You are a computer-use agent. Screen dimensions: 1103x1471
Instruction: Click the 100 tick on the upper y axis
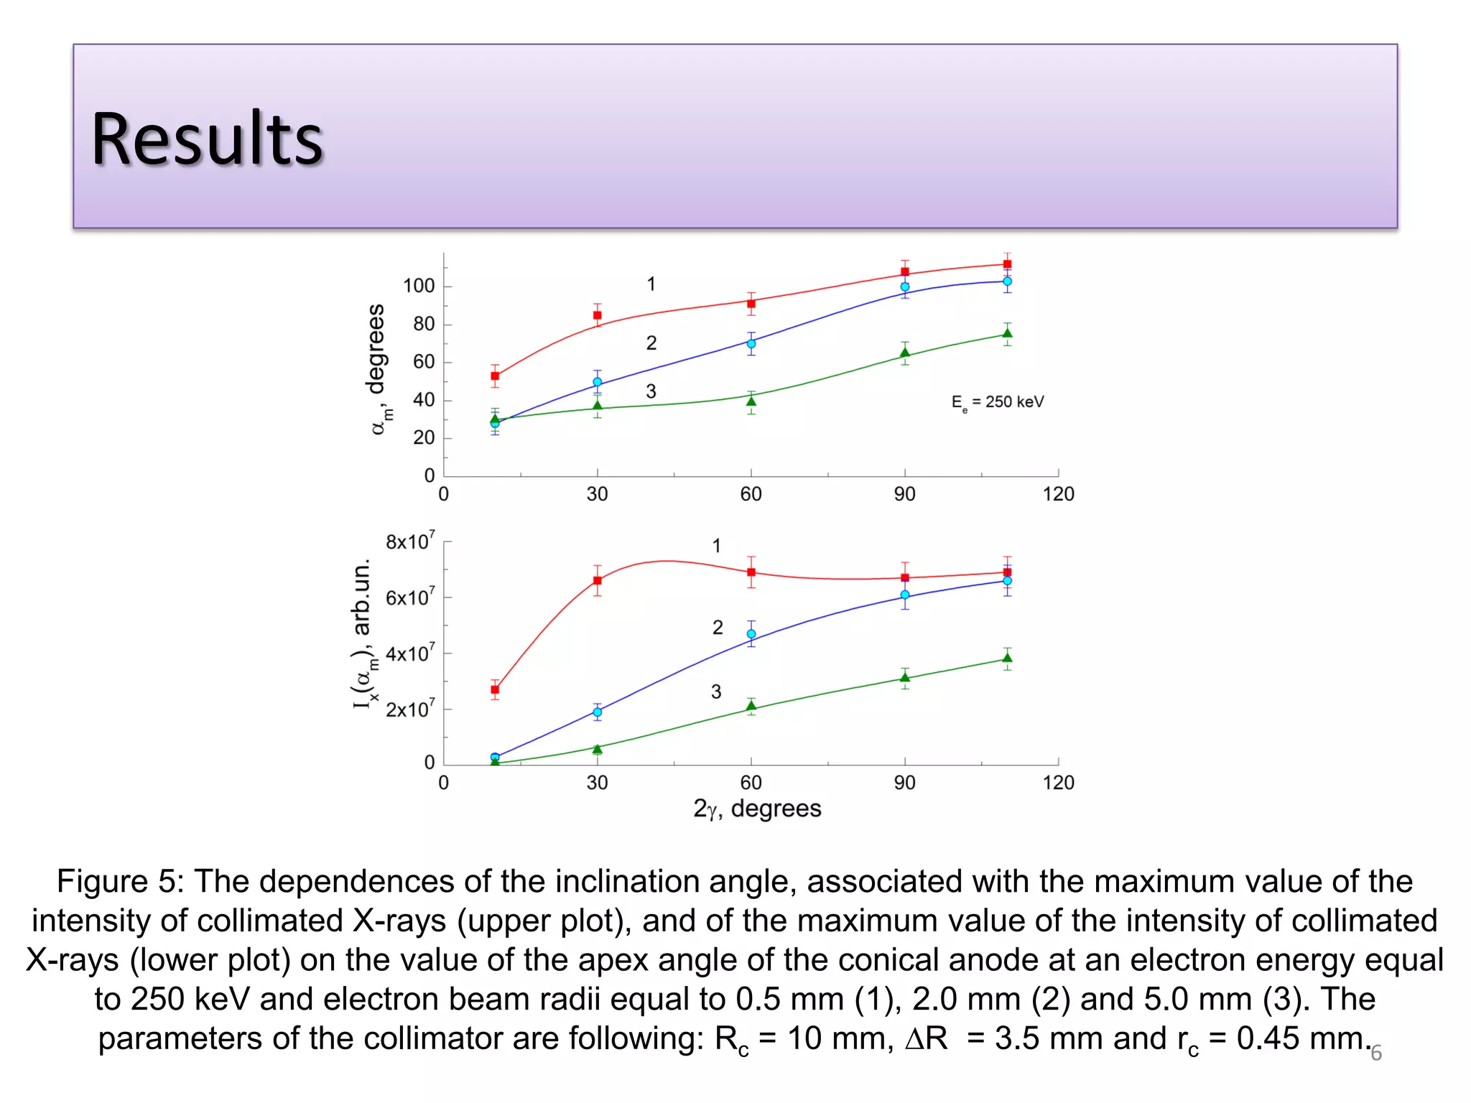click(419, 286)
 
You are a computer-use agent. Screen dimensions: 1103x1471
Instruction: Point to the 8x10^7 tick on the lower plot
click(410, 541)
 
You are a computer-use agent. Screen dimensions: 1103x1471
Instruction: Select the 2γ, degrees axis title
click(757, 809)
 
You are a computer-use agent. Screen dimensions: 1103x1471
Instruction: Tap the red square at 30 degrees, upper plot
click(597, 315)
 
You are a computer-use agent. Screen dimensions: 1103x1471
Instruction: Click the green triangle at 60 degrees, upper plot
click(751, 401)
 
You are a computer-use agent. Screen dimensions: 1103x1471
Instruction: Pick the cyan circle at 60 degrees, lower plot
click(751, 634)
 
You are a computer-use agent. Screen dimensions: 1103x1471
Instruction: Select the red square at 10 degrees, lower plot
click(495, 689)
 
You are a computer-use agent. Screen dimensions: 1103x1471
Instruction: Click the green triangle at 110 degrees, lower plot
click(1007, 658)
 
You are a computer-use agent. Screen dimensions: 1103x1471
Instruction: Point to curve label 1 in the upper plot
click(651, 284)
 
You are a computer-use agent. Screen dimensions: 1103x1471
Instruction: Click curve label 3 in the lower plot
click(716, 692)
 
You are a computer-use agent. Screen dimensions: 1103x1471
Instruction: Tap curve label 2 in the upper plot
click(651, 343)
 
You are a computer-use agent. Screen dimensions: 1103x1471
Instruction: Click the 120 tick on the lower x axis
click(1058, 783)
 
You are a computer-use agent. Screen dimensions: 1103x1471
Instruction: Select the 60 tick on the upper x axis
click(751, 494)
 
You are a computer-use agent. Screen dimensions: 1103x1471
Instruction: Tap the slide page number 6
click(1376, 1053)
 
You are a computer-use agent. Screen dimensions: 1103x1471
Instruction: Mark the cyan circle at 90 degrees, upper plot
click(905, 287)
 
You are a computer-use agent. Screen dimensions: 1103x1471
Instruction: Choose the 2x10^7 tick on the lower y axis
click(410, 709)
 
